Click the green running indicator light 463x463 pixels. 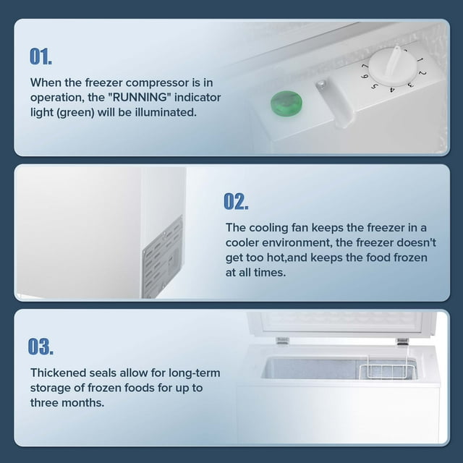click(286, 103)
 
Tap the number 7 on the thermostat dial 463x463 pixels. click(365, 66)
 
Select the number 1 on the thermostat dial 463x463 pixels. click(420, 60)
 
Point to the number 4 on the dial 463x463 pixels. click(392, 90)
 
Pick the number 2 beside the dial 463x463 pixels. click(422, 72)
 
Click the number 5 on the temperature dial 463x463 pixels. click(375, 86)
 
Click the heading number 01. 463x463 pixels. click(41, 56)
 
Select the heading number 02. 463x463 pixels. click(236, 201)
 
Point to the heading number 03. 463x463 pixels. click(41, 347)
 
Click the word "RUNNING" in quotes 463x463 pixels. click(138, 97)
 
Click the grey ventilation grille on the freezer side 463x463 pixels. click(162, 257)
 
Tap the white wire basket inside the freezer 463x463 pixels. click(387, 367)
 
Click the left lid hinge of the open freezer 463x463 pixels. click(283, 341)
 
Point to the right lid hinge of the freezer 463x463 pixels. click(402, 342)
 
